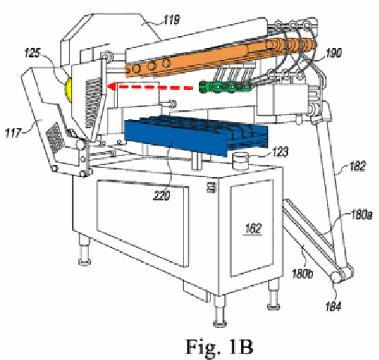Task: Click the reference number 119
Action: pyautogui.click(x=172, y=20)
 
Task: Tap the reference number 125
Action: pyautogui.click(x=33, y=52)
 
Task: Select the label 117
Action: pyautogui.click(x=13, y=133)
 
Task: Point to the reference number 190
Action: pyautogui.click(x=334, y=52)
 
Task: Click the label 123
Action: pyautogui.click(x=281, y=151)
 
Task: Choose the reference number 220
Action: pyautogui.click(x=162, y=196)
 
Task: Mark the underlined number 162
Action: pyautogui.click(x=253, y=229)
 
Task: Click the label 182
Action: pyautogui.click(x=358, y=166)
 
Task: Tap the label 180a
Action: pyautogui.click(x=362, y=214)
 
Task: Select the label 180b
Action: pyautogui.click(x=302, y=274)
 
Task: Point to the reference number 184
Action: pyautogui.click(x=333, y=306)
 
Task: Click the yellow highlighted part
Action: pyautogui.click(x=68, y=89)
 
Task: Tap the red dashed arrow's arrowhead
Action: pyautogui.click(x=111, y=87)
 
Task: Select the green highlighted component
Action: pyautogui.click(x=224, y=87)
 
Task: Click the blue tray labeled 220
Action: pyautogui.click(x=195, y=135)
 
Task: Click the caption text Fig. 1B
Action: pyautogui.click(x=219, y=346)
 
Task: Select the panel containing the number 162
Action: pyautogui.click(x=251, y=228)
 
